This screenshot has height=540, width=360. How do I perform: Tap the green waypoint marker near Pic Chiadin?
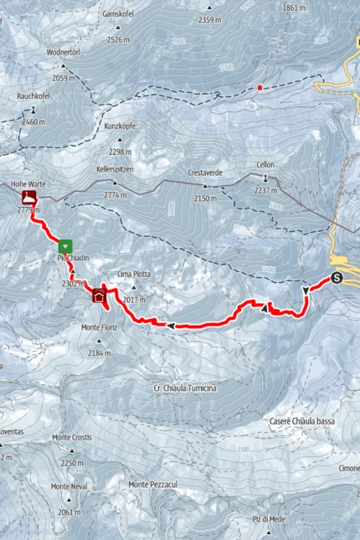point(65,246)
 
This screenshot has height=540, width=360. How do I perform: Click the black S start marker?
point(337,279)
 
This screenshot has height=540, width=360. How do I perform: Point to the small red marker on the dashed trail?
point(260,87)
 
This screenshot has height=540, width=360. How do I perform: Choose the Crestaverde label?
point(205,172)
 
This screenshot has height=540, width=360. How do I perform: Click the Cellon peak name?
point(265,165)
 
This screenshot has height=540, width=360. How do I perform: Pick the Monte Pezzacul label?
point(156,485)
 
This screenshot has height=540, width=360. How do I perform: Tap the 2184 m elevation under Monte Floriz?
point(99,354)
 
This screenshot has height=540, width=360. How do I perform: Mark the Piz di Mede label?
point(268,519)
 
